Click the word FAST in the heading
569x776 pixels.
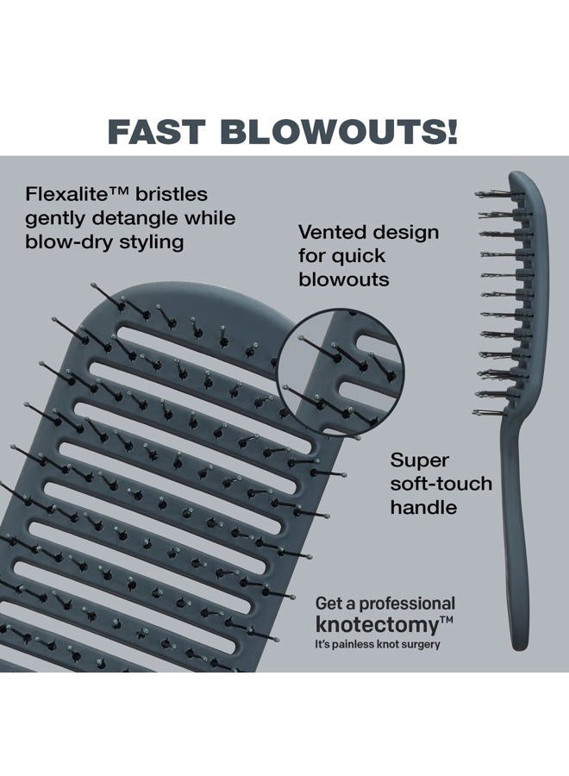pos(156,132)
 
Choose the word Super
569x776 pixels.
pos(419,460)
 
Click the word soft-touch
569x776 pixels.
pos(441,484)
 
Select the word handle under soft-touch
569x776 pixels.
pos(423,507)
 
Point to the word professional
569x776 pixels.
pos(407,604)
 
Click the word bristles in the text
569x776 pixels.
pos(172,193)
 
